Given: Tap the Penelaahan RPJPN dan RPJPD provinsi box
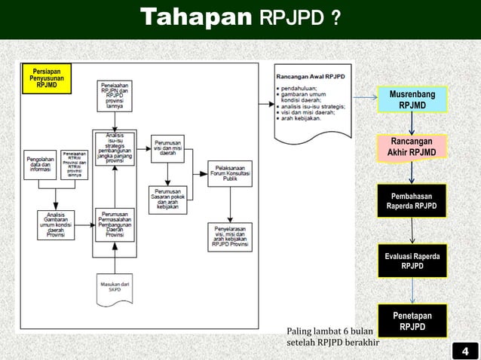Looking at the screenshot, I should click(x=115, y=96).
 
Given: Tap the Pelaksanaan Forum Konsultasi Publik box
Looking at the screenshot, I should click(x=231, y=174).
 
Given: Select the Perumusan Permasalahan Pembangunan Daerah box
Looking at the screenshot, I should click(x=115, y=224).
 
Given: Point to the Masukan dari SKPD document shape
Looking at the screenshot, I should click(x=115, y=288).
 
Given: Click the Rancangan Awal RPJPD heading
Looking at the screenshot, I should click(x=311, y=77).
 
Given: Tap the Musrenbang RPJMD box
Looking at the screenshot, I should click(x=412, y=99).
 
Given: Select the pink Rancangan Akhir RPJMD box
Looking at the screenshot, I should click(x=412, y=148).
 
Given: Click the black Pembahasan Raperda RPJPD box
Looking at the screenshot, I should click(x=412, y=201).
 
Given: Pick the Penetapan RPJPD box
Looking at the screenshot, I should click(x=412, y=321).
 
